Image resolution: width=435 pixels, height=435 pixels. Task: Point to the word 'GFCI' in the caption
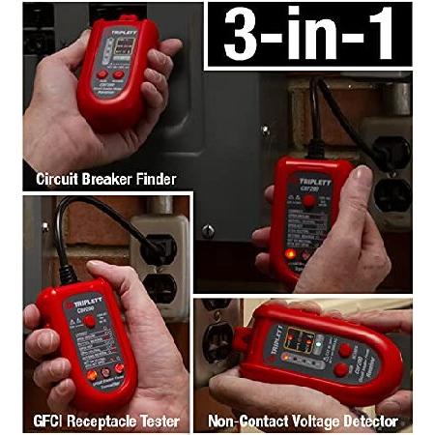tap(53, 421)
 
